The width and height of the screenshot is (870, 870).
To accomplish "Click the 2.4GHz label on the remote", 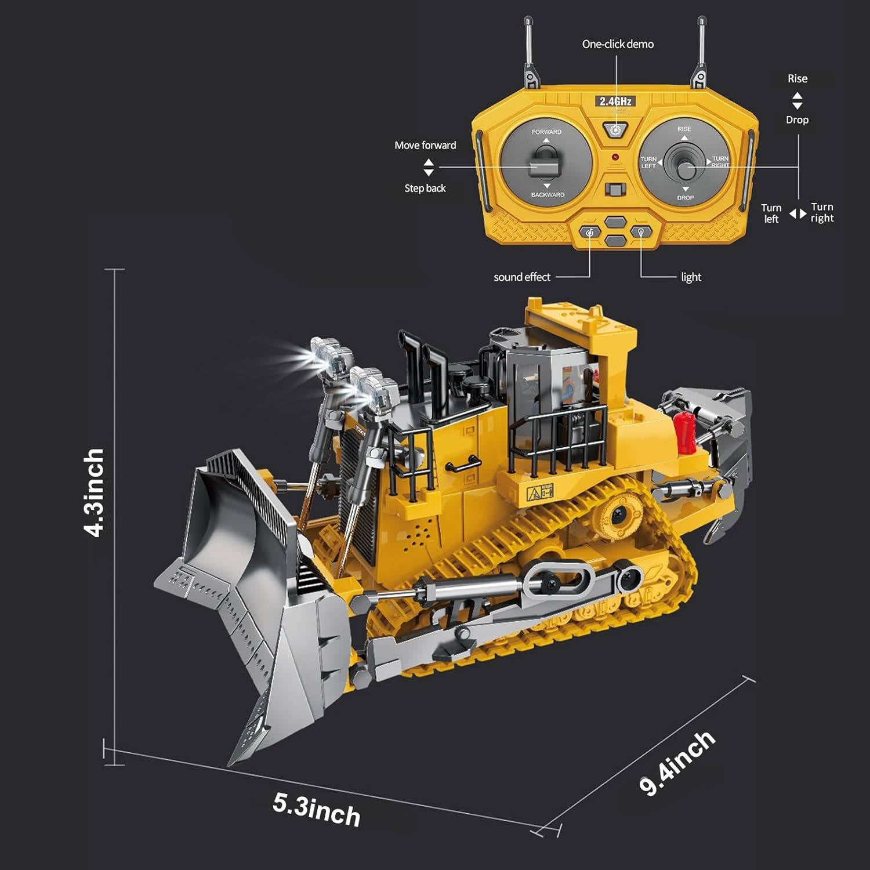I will click(x=615, y=101).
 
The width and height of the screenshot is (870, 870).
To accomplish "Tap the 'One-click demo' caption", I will click(x=618, y=44).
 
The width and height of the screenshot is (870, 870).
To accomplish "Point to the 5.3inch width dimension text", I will click(x=317, y=810).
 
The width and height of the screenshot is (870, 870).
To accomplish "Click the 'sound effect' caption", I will click(x=521, y=277).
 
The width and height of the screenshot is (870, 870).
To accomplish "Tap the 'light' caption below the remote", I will click(x=691, y=277).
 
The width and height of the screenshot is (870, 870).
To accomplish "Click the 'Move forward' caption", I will click(x=425, y=146).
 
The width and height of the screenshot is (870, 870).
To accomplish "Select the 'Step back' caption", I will click(x=425, y=188).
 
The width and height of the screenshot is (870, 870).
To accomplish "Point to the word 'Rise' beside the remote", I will click(x=797, y=79).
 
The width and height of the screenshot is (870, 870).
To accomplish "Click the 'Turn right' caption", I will click(x=822, y=213).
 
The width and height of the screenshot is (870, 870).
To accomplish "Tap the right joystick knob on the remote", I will click(x=686, y=170).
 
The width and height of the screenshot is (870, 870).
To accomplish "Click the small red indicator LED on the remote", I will click(x=615, y=157).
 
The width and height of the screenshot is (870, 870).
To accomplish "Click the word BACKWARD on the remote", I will click(x=548, y=195).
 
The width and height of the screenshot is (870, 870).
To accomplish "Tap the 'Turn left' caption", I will click(x=771, y=213).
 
